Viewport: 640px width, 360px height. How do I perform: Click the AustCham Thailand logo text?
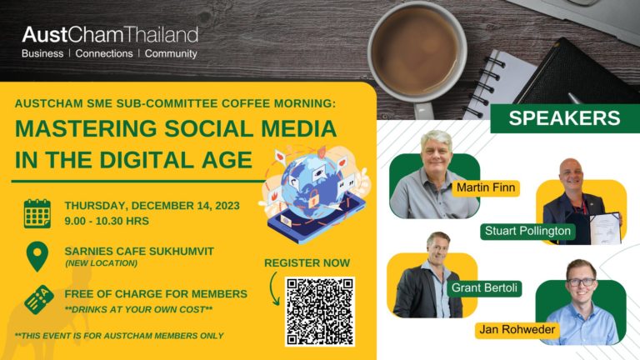click(110, 35)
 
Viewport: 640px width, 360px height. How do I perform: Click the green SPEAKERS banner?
click(565, 118)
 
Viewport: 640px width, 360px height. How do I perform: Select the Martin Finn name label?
click(486, 187)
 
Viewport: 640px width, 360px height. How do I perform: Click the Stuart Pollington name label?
click(527, 231)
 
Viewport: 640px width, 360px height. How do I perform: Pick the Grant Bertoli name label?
click(484, 287)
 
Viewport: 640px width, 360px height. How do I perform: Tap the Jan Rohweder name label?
click(517, 330)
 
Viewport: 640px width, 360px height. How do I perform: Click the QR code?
click(320, 312)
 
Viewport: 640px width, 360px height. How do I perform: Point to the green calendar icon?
click(37, 213)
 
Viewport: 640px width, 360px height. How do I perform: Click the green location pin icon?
click(37, 255)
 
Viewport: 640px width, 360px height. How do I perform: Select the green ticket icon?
click(39, 299)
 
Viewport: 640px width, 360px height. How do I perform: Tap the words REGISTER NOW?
click(307, 262)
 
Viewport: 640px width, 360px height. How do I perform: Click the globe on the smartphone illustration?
click(313, 182)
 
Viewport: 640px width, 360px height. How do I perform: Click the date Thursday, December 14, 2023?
click(152, 205)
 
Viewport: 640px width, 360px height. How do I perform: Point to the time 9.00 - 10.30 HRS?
click(107, 221)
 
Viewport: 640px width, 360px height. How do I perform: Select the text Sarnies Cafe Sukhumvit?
click(139, 251)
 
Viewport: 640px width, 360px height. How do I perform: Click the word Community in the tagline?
click(171, 54)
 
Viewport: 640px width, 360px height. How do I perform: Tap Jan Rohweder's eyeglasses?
click(582, 282)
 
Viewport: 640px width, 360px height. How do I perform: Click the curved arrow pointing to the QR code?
click(273, 289)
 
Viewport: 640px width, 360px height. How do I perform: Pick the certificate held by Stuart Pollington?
click(605, 228)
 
